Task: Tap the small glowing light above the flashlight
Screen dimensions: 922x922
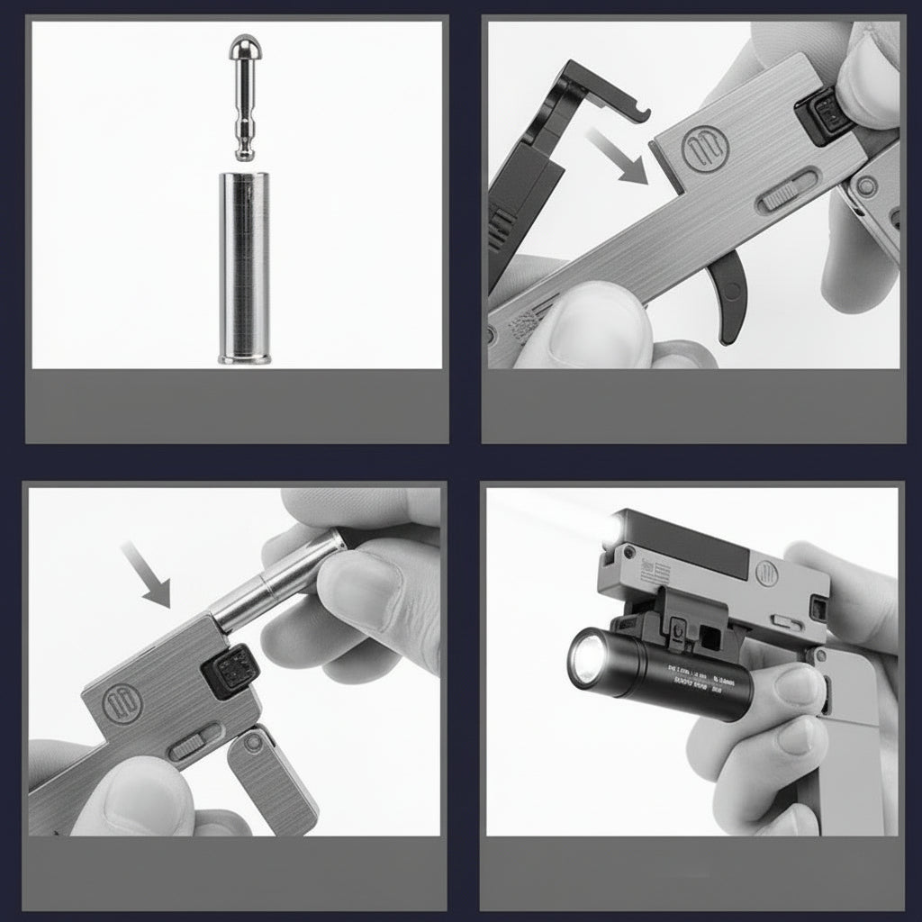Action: (x=614, y=526)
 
